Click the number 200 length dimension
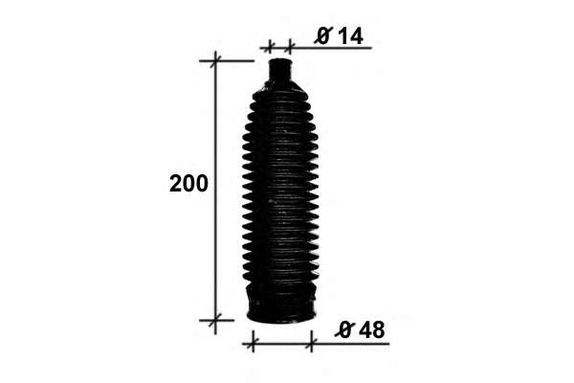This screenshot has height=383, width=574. (188, 184)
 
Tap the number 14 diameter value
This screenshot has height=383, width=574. (350, 36)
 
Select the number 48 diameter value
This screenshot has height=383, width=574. (372, 329)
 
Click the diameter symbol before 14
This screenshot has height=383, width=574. (323, 36)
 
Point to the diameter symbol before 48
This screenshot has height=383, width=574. (344, 329)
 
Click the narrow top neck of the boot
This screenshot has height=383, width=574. (280, 72)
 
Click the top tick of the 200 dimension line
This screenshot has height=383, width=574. (215, 60)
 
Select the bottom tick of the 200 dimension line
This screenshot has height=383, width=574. (215, 320)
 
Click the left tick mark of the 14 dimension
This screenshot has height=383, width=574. (270, 47)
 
